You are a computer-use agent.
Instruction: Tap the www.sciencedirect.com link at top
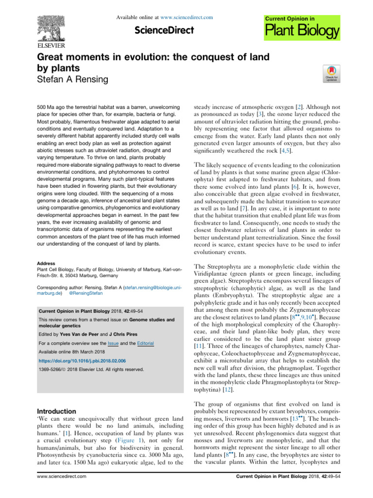click(188, 18)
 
